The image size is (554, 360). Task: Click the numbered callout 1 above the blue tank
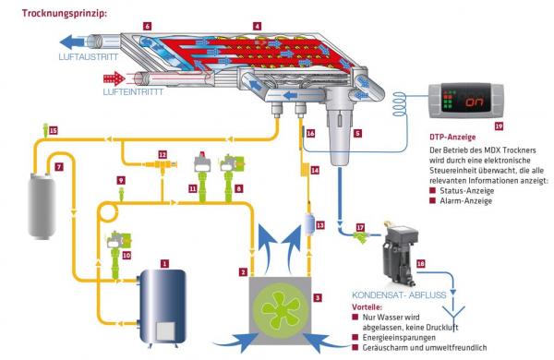click(x=164, y=263)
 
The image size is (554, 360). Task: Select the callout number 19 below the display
click(x=499, y=126)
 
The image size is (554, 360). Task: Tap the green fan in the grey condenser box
click(x=282, y=309)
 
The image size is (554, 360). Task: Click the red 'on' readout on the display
click(x=475, y=102)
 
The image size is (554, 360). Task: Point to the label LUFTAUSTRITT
click(x=89, y=57)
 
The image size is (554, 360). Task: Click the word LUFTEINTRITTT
click(x=133, y=92)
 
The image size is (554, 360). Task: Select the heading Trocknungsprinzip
click(x=65, y=14)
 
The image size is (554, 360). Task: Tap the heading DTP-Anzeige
click(x=452, y=137)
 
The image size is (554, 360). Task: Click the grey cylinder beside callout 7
click(x=42, y=205)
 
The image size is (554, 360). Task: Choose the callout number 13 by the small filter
click(x=319, y=225)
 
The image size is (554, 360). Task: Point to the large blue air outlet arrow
click(x=74, y=42)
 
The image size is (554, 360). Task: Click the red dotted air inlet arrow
click(x=114, y=78)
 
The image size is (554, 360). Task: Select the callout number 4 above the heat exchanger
click(x=257, y=26)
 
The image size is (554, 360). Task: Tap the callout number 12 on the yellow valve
click(x=163, y=155)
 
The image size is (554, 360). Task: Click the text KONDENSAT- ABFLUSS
click(x=399, y=295)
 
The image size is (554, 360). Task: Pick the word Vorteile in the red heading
click(x=367, y=307)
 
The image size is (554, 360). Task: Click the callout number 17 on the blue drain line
click(x=360, y=227)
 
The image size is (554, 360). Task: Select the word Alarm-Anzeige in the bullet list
click(x=465, y=201)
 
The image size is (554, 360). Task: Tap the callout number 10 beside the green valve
click(x=126, y=255)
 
